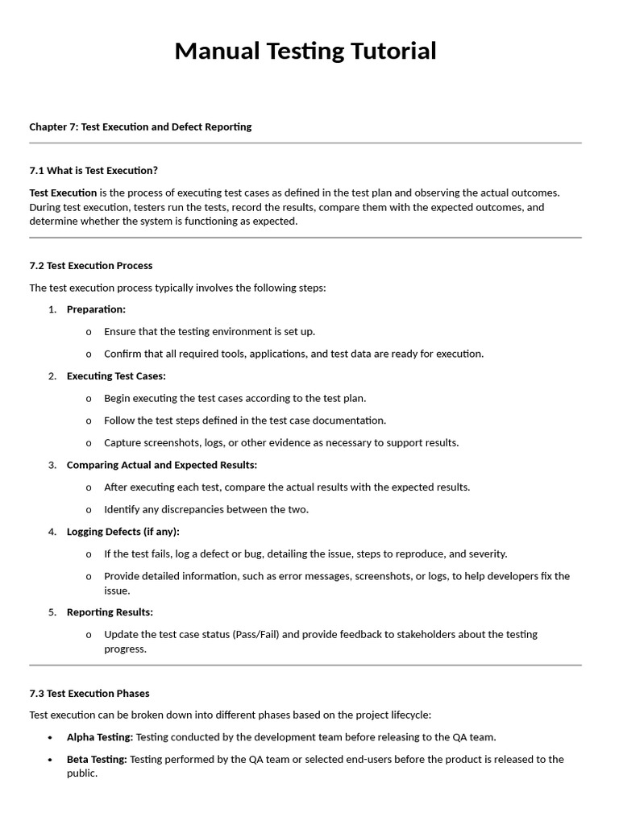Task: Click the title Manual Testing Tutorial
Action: [x=305, y=51]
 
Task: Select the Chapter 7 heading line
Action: [x=140, y=126]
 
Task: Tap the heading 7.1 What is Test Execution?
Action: [x=93, y=170]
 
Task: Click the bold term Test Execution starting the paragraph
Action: [x=63, y=193]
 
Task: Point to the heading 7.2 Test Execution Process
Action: [x=90, y=265]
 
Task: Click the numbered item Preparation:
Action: [x=96, y=309]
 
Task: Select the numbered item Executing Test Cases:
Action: [x=116, y=376]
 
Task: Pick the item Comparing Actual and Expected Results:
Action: [x=162, y=465]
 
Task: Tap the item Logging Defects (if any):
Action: [x=123, y=532]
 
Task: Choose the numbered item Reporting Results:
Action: [x=110, y=612]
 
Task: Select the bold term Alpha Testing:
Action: [x=100, y=737]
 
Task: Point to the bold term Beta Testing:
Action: [x=97, y=759]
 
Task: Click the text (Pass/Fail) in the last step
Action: [x=255, y=635]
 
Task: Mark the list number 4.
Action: [x=52, y=532]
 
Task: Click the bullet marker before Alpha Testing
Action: [x=50, y=737]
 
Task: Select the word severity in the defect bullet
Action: [x=487, y=554]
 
